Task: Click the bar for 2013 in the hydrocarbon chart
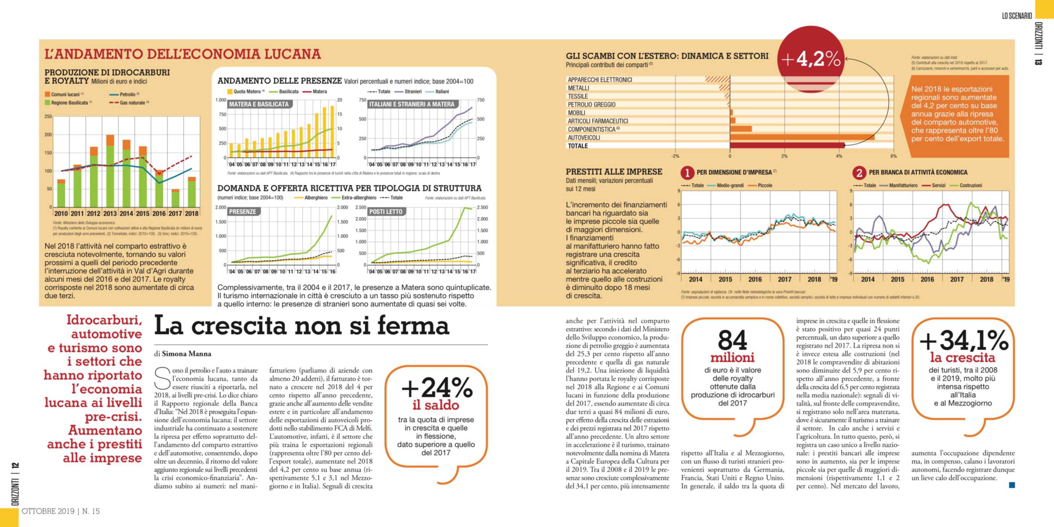pyautogui.click(x=110, y=172)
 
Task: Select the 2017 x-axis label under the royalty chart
pyautogui.click(x=175, y=214)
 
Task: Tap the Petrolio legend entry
pyautogui.click(x=127, y=95)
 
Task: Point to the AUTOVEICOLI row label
pyautogui.click(x=584, y=138)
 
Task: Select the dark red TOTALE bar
pyautogui.click(x=787, y=145)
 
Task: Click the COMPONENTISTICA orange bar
pyautogui.click(x=741, y=129)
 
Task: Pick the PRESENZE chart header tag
pyautogui.click(x=242, y=212)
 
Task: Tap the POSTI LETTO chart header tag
pyautogui.click(x=385, y=212)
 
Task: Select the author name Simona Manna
pyautogui.click(x=186, y=353)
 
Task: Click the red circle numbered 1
pyautogui.click(x=687, y=173)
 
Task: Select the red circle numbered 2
pyautogui.click(x=859, y=173)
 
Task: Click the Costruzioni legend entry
pyautogui.click(x=970, y=185)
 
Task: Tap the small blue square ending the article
pyautogui.click(x=1012, y=485)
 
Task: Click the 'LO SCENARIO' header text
pyautogui.click(x=1017, y=16)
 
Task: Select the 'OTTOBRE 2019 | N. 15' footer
pyautogui.click(x=61, y=511)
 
